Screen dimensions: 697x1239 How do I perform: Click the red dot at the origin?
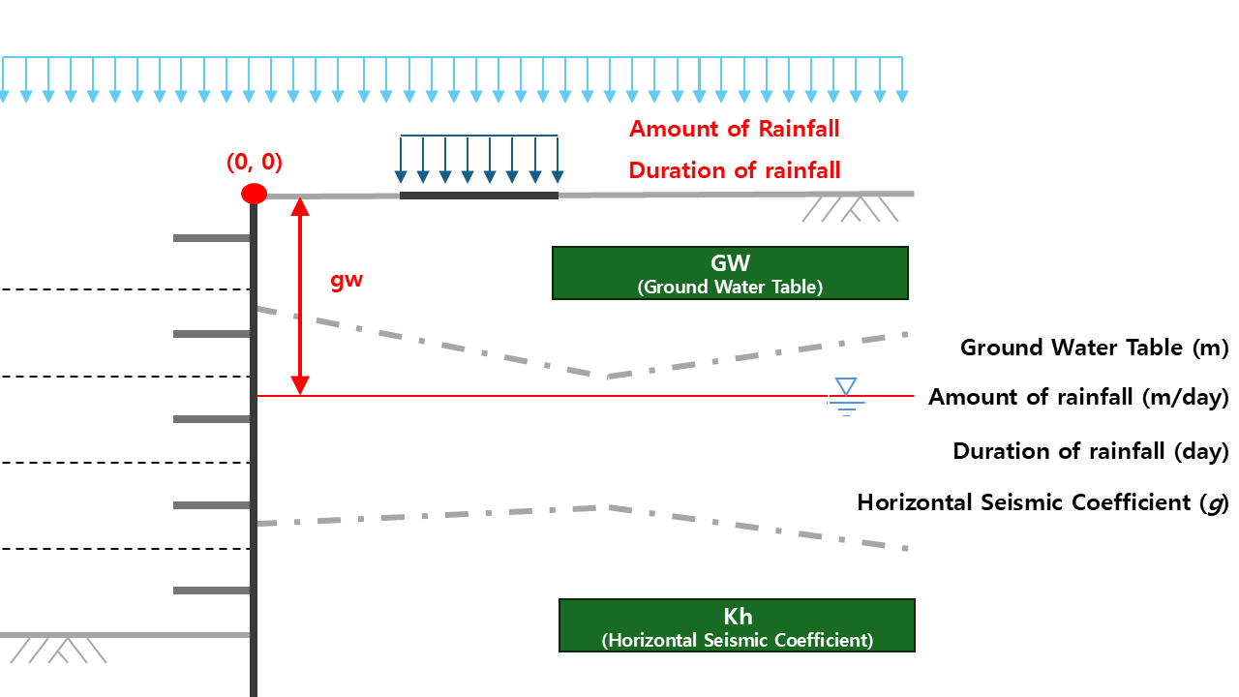point(254,194)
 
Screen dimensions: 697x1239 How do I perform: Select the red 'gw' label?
point(347,281)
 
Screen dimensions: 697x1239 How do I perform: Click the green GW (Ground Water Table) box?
point(730,273)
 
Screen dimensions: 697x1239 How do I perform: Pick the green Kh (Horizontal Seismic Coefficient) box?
point(737,625)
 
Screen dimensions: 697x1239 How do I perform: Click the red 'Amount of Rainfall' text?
point(734,129)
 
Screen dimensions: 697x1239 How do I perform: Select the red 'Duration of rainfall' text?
point(734,170)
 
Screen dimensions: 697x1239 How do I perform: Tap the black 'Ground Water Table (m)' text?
point(1094,348)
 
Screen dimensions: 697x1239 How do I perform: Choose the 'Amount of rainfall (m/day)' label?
point(1078,397)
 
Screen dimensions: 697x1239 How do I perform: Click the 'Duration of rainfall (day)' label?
point(1090,451)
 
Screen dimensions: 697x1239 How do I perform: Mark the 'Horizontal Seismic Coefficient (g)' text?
point(1043,502)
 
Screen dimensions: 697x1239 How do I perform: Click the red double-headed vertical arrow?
point(301,295)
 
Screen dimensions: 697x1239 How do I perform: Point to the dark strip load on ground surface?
point(479,196)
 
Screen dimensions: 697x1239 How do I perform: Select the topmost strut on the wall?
point(212,238)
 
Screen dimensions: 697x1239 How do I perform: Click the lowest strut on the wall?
point(212,591)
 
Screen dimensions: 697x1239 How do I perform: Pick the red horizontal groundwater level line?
point(581,396)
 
